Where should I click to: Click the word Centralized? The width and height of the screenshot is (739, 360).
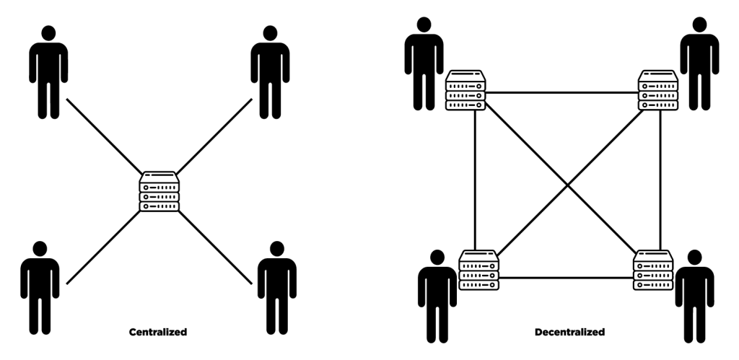point(158,333)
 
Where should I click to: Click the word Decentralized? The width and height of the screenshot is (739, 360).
point(569,333)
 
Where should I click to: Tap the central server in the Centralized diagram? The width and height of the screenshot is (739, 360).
point(159,191)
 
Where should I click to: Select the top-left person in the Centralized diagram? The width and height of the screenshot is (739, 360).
point(48,72)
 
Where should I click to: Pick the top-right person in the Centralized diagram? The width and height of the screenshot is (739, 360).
point(270,72)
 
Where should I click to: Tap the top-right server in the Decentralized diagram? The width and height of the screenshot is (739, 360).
point(658,90)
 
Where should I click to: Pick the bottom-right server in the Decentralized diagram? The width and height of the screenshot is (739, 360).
point(653,270)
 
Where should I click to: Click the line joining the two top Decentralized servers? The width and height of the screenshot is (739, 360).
point(562,92)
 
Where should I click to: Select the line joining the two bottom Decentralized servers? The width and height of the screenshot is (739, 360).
point(567,278)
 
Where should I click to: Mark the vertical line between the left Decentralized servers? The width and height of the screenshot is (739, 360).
point(475,180)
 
